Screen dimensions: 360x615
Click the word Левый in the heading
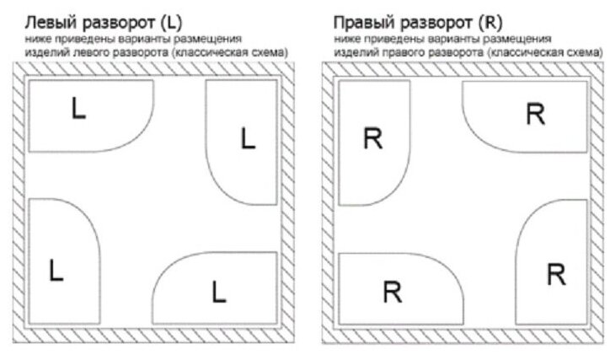pyautogui.click(x=49, y=20)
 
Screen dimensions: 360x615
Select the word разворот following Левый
pyautogui.click(x=117, y=20)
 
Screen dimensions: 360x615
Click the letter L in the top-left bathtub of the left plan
pyautogui.click(x=78, y=109)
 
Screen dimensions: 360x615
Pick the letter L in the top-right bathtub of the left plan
pyautogui.click(x=247, y=137)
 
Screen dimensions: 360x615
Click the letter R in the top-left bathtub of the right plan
pyautogui.click(x=372, y=138)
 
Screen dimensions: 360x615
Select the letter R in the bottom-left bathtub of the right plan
pyautogui.click(x=391, y=292)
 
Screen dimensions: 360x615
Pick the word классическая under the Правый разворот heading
pyautogui.click(x=530, y=52)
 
